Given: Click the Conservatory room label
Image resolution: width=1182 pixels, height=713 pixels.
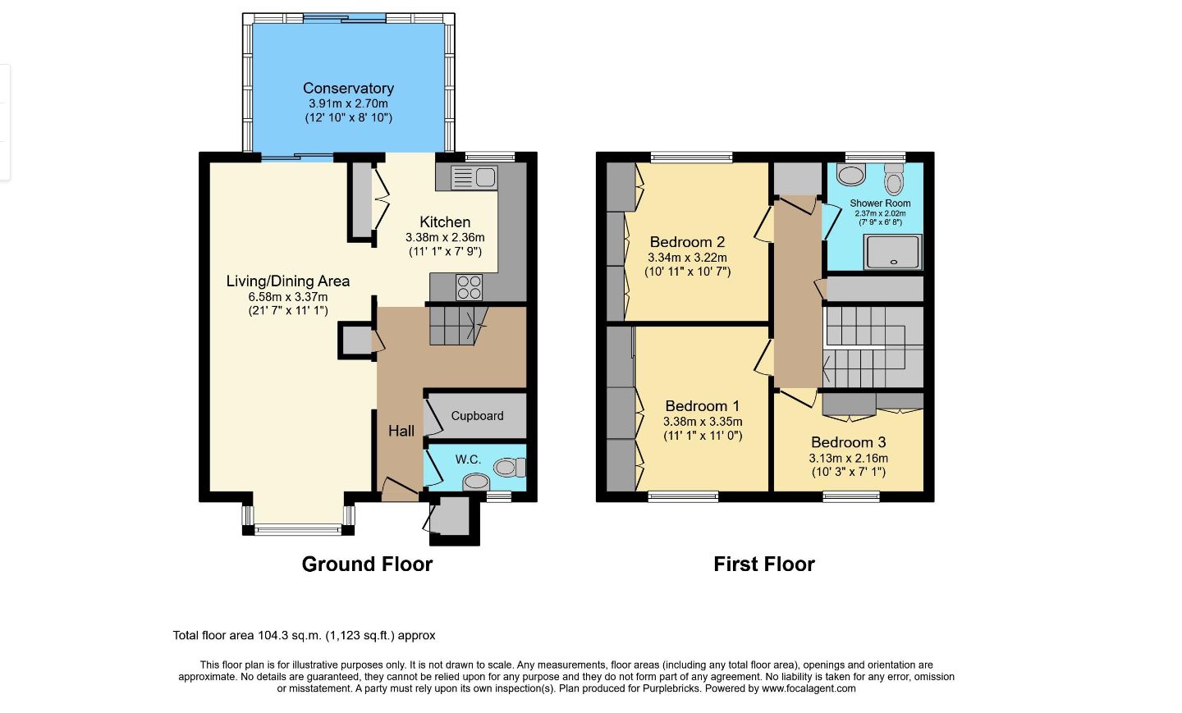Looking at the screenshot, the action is [x=348, y=88].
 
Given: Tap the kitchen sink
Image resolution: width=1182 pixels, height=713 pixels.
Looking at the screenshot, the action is [x=474, y=177].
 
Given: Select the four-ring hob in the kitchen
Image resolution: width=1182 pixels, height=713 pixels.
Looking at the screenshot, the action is [x=469, y=287].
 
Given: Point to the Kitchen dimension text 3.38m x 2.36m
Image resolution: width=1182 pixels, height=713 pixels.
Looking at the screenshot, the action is [x=445, y=237].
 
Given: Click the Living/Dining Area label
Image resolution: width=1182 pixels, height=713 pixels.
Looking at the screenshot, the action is [x=287, y=281].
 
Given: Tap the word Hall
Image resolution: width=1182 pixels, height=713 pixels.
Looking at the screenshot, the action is [x=401, y=432].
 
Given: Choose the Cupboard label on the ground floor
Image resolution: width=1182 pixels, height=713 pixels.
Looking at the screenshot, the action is [x=477, y=416].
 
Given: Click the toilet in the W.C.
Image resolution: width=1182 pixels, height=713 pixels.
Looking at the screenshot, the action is [x=511, y=467].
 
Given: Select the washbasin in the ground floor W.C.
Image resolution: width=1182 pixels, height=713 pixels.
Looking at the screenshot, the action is [x=476, y=482].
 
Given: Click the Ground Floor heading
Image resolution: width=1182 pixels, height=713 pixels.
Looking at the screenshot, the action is [x=367, y=564].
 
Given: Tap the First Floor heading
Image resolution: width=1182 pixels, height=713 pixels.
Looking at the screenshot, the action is [x=764, y=564].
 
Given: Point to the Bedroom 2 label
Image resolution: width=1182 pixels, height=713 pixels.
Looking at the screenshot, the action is [x=687, y=242].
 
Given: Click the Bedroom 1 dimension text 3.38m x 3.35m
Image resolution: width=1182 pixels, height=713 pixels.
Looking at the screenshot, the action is [x=703, y=422].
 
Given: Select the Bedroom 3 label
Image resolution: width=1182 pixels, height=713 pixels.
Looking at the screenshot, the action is [x=849, y=442].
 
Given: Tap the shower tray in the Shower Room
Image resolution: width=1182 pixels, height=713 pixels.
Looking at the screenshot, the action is [x=893, y=252].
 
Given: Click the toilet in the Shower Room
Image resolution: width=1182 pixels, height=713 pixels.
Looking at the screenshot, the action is [x=894, y=179].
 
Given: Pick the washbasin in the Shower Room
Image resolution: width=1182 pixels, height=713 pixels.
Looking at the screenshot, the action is [x=851, y=175].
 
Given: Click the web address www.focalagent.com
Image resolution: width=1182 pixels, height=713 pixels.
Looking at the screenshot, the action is [x=809, y=688].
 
